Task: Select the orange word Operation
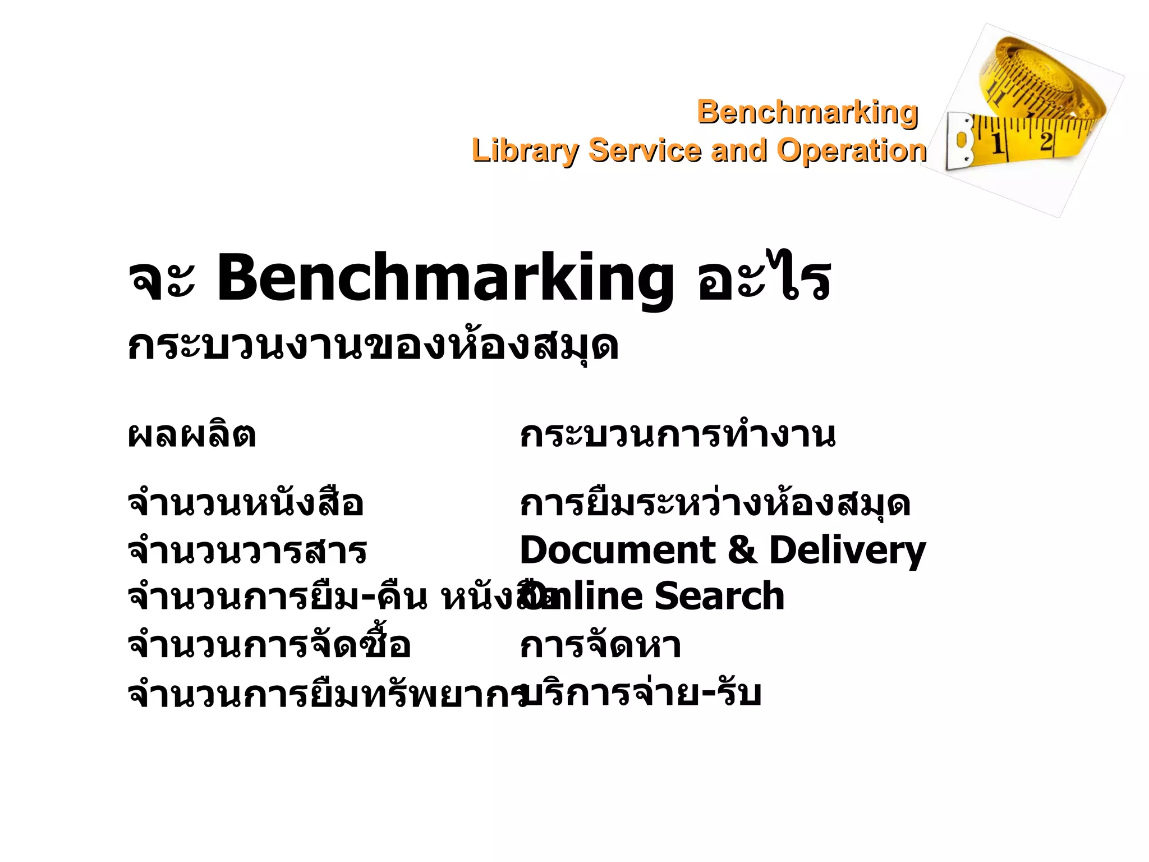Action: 851,151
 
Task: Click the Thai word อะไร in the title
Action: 764,278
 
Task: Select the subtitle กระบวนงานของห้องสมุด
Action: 373,346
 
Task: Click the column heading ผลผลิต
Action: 192,435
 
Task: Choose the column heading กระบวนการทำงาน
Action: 678,435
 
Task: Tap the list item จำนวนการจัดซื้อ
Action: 269,645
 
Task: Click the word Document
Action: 617,550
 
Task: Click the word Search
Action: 719,596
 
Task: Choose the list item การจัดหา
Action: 600,645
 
